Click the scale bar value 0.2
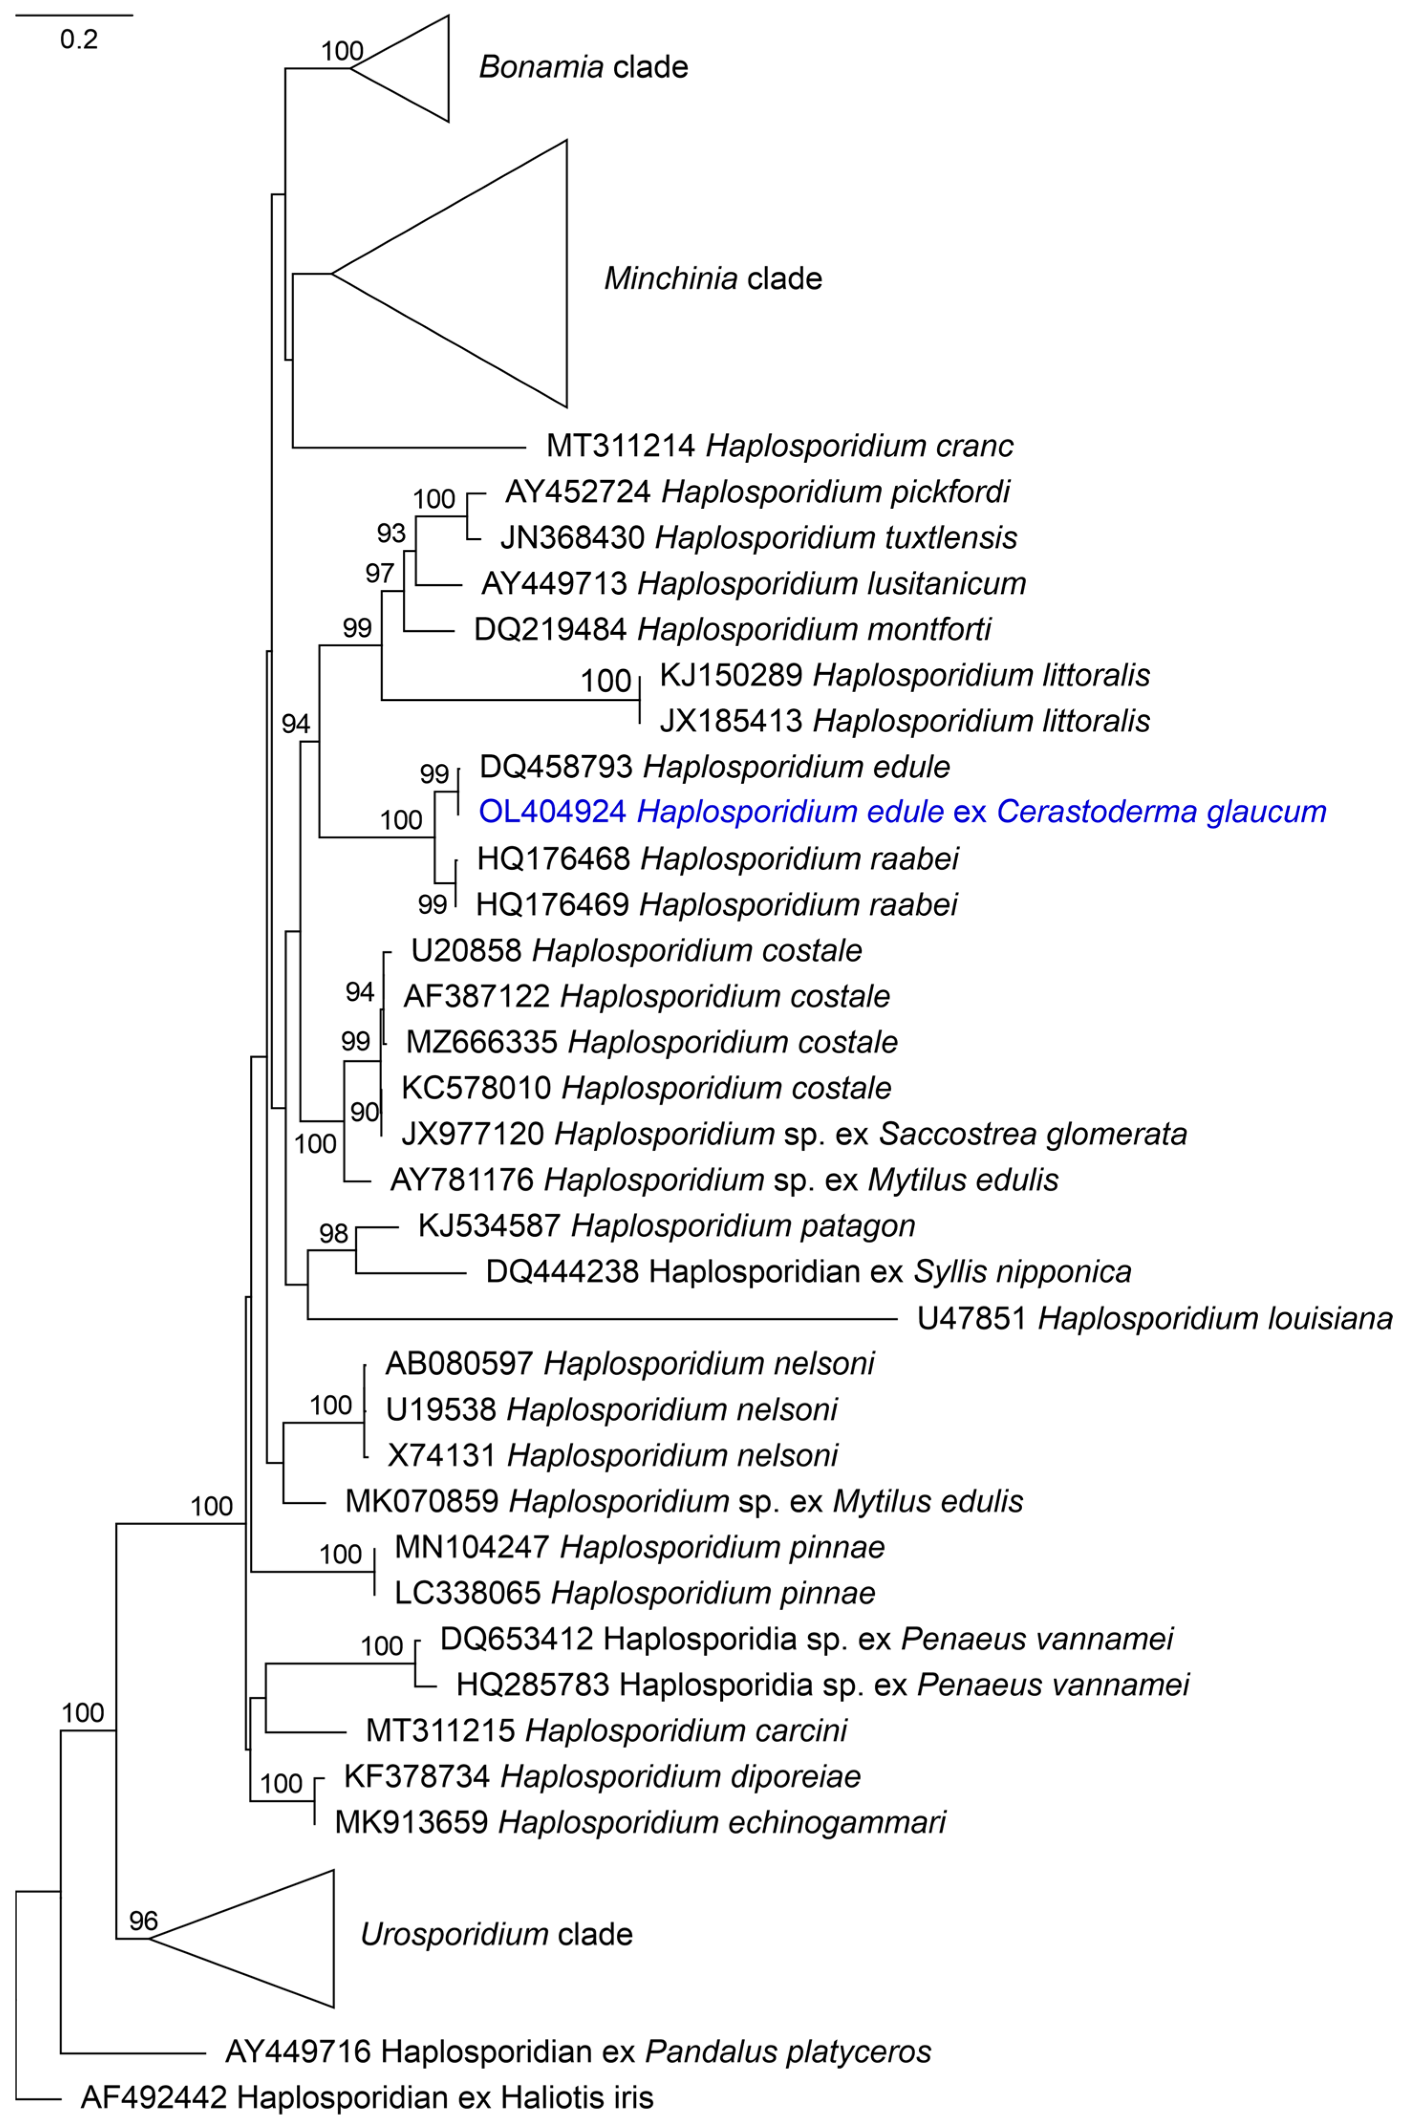point(79,39)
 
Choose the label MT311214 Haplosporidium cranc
point(780,445)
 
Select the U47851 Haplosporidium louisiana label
point(1155,1318)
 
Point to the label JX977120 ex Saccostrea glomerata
point(794,1134)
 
